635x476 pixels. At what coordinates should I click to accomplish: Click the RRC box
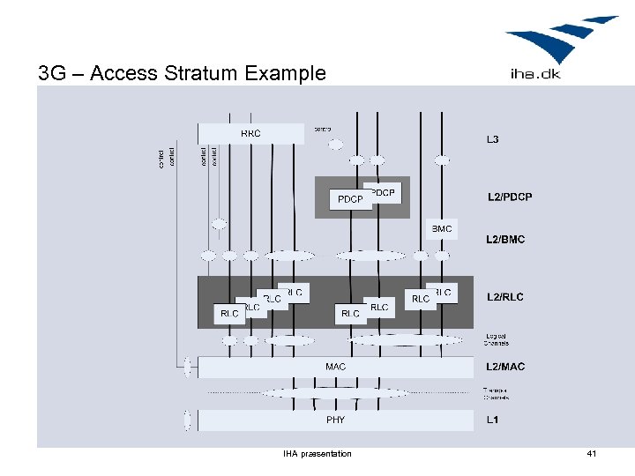[x=251, y=133]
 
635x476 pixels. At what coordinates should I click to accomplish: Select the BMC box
[x=442, y=229]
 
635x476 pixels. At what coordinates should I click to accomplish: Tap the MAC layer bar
[x=335, y=367]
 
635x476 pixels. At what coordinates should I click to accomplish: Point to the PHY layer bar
[x=335, y=420]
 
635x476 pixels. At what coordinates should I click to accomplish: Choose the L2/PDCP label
[x=510, y=197]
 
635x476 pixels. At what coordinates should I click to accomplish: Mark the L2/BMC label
[x=505, y=239]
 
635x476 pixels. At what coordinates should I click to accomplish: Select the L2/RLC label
[x=504, y=297]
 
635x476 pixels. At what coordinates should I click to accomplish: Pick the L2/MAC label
[x=505, y=366]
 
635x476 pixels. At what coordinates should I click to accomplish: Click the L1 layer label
[x=492, y=420]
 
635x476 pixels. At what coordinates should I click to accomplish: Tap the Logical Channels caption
[x=497, y=339]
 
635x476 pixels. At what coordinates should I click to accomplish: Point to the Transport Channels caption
[x=496, y=393]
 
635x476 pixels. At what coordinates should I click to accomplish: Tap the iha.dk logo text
[x=534, y=73]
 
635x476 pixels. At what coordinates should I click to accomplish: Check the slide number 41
[x=591, y=454]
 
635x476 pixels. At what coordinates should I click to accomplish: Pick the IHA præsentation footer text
[x=317, y=454]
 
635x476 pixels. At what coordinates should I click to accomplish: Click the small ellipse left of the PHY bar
[x=187, y=420]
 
